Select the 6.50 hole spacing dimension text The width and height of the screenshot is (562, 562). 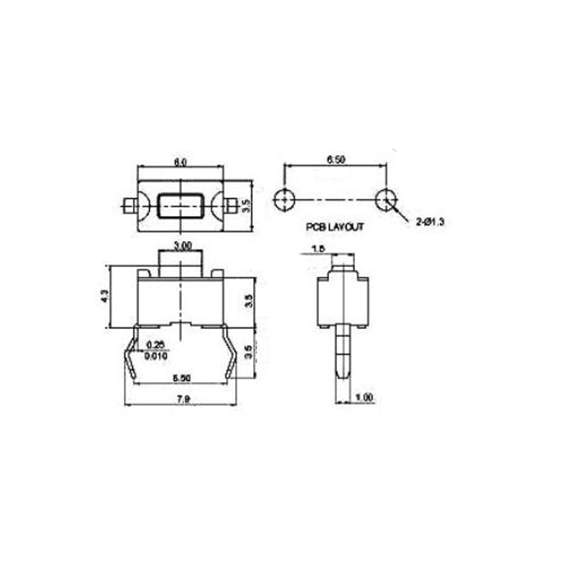336,160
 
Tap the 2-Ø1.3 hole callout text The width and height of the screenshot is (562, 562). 430,223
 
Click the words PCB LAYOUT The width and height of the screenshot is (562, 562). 335,228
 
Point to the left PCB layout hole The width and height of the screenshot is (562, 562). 285,199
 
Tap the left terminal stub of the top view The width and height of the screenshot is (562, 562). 128,205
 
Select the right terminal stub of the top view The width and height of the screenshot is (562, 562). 231,205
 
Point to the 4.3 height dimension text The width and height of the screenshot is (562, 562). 103,296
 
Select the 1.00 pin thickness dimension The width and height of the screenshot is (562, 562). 364,398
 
